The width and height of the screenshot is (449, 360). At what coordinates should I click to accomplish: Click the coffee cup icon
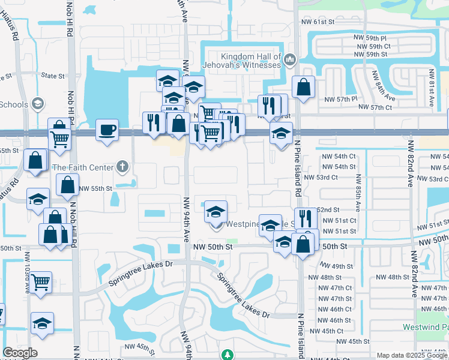click(x=107, y=130)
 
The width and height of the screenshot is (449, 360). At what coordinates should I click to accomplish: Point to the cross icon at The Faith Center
click(x=122, y=166)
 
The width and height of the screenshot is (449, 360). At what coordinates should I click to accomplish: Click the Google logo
click(x=20, y=353)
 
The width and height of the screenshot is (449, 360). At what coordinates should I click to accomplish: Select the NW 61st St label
click(x=318, y=22)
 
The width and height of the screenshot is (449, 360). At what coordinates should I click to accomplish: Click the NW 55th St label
click(x=96, y=188)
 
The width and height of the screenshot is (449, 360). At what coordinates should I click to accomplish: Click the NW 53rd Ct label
click(x=321, y=178)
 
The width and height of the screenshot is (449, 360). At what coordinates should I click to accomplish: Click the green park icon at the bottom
click(x=227, y=355)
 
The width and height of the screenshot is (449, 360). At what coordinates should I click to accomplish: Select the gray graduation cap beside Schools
click(x=37, y=104)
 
